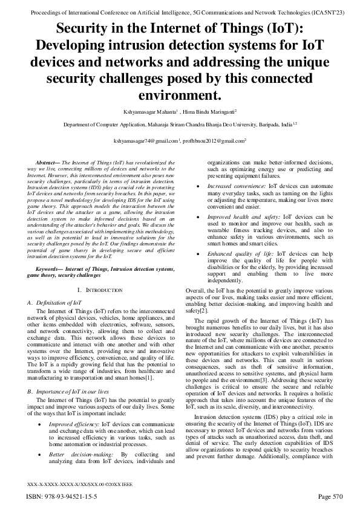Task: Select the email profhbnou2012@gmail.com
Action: tap(214, 140)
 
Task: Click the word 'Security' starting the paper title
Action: tap(91, 30)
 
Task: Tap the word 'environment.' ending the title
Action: tap(180, 95)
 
